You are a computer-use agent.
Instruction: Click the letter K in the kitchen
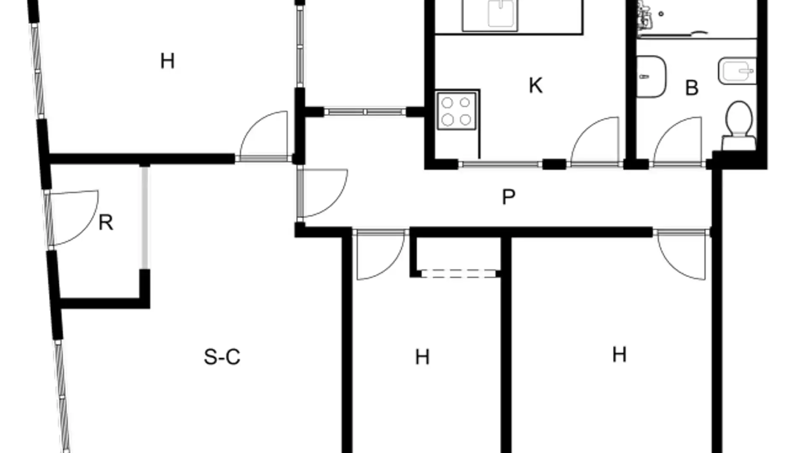point(535,86)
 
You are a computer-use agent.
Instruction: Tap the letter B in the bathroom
point(691,88)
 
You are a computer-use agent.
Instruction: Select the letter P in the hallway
point(508,197)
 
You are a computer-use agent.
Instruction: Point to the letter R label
point(106,222)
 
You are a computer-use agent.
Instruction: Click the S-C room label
point(222,357)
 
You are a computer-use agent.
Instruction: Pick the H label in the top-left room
point(167,61)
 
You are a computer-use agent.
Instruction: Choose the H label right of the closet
point(619,355)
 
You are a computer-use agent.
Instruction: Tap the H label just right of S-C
point(422,357)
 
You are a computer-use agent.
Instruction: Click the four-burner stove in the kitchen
point(456,111)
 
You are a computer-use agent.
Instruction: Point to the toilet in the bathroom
point(739,122)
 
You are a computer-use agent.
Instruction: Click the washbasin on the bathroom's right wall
point(737,70)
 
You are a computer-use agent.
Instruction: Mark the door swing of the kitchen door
point(597,141)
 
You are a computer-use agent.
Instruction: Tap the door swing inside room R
point(75,216)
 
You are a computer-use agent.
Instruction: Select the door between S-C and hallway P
point(323,193)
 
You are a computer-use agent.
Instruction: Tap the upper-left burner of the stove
point(447,103)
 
